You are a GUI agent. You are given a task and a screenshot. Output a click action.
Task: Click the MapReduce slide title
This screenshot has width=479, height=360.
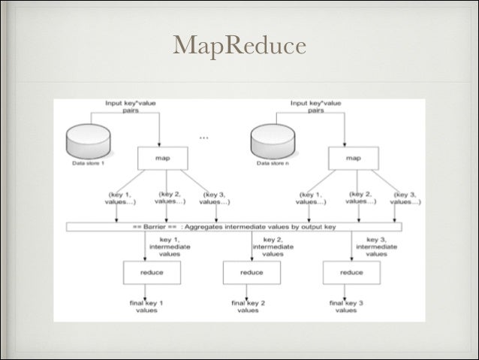pyautogui.click(x=239, y=47)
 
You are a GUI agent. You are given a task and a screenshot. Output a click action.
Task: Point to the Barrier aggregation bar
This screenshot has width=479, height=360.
pyautogui.click(x=233, y=226)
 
